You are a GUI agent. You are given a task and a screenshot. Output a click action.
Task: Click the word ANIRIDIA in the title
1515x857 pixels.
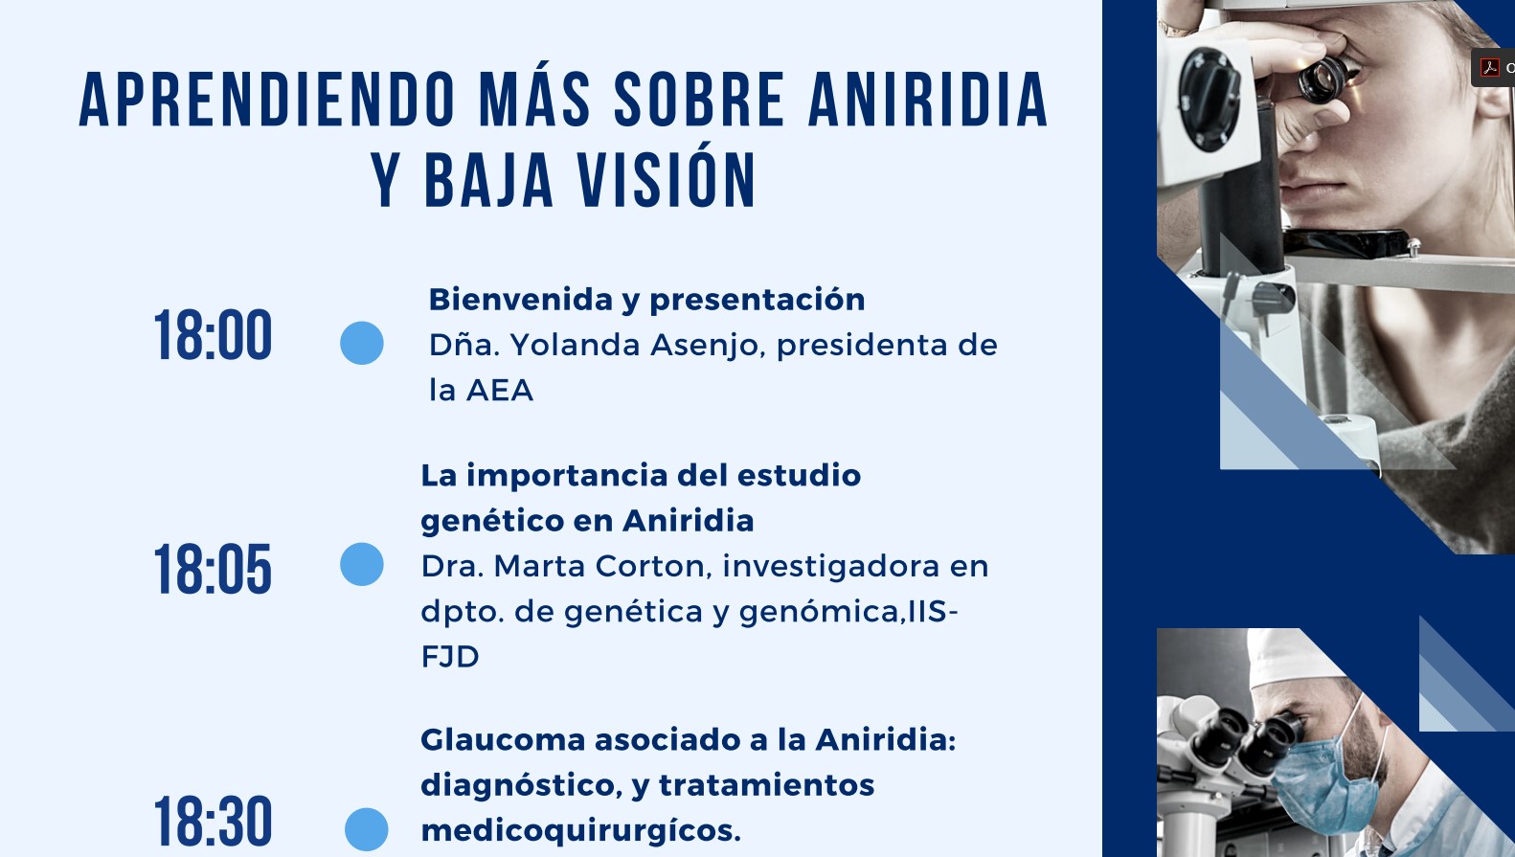tap(928, 100)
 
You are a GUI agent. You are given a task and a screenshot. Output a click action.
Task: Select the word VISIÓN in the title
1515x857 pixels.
tap(667, 180)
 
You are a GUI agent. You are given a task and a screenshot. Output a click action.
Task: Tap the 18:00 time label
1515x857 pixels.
tap(213, 337)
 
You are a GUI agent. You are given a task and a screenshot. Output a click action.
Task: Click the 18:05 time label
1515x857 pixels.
tap(213, 571)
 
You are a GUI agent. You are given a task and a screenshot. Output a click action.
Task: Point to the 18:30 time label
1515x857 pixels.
tap(213, 822)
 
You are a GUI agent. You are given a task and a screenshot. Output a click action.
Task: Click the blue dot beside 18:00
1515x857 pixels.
tap(362, 343)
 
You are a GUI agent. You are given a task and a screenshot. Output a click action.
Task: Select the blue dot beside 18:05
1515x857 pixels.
tap(362, 564)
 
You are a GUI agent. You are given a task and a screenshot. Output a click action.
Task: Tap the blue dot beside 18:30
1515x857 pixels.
tap(366, 829)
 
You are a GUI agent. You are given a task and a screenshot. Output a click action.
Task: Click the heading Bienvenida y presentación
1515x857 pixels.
tap(646, 300)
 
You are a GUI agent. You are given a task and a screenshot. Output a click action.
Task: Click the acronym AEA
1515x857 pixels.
tap(499, 391)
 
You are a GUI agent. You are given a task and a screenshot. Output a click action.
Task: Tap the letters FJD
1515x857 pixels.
tap(450, 657)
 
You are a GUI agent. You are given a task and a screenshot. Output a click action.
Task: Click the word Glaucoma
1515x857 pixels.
tap(503, 740)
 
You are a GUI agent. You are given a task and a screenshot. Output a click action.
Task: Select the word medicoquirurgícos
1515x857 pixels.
tap(580, 830)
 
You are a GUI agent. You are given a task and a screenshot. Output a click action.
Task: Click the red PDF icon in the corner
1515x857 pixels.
tap(1489, 67)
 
